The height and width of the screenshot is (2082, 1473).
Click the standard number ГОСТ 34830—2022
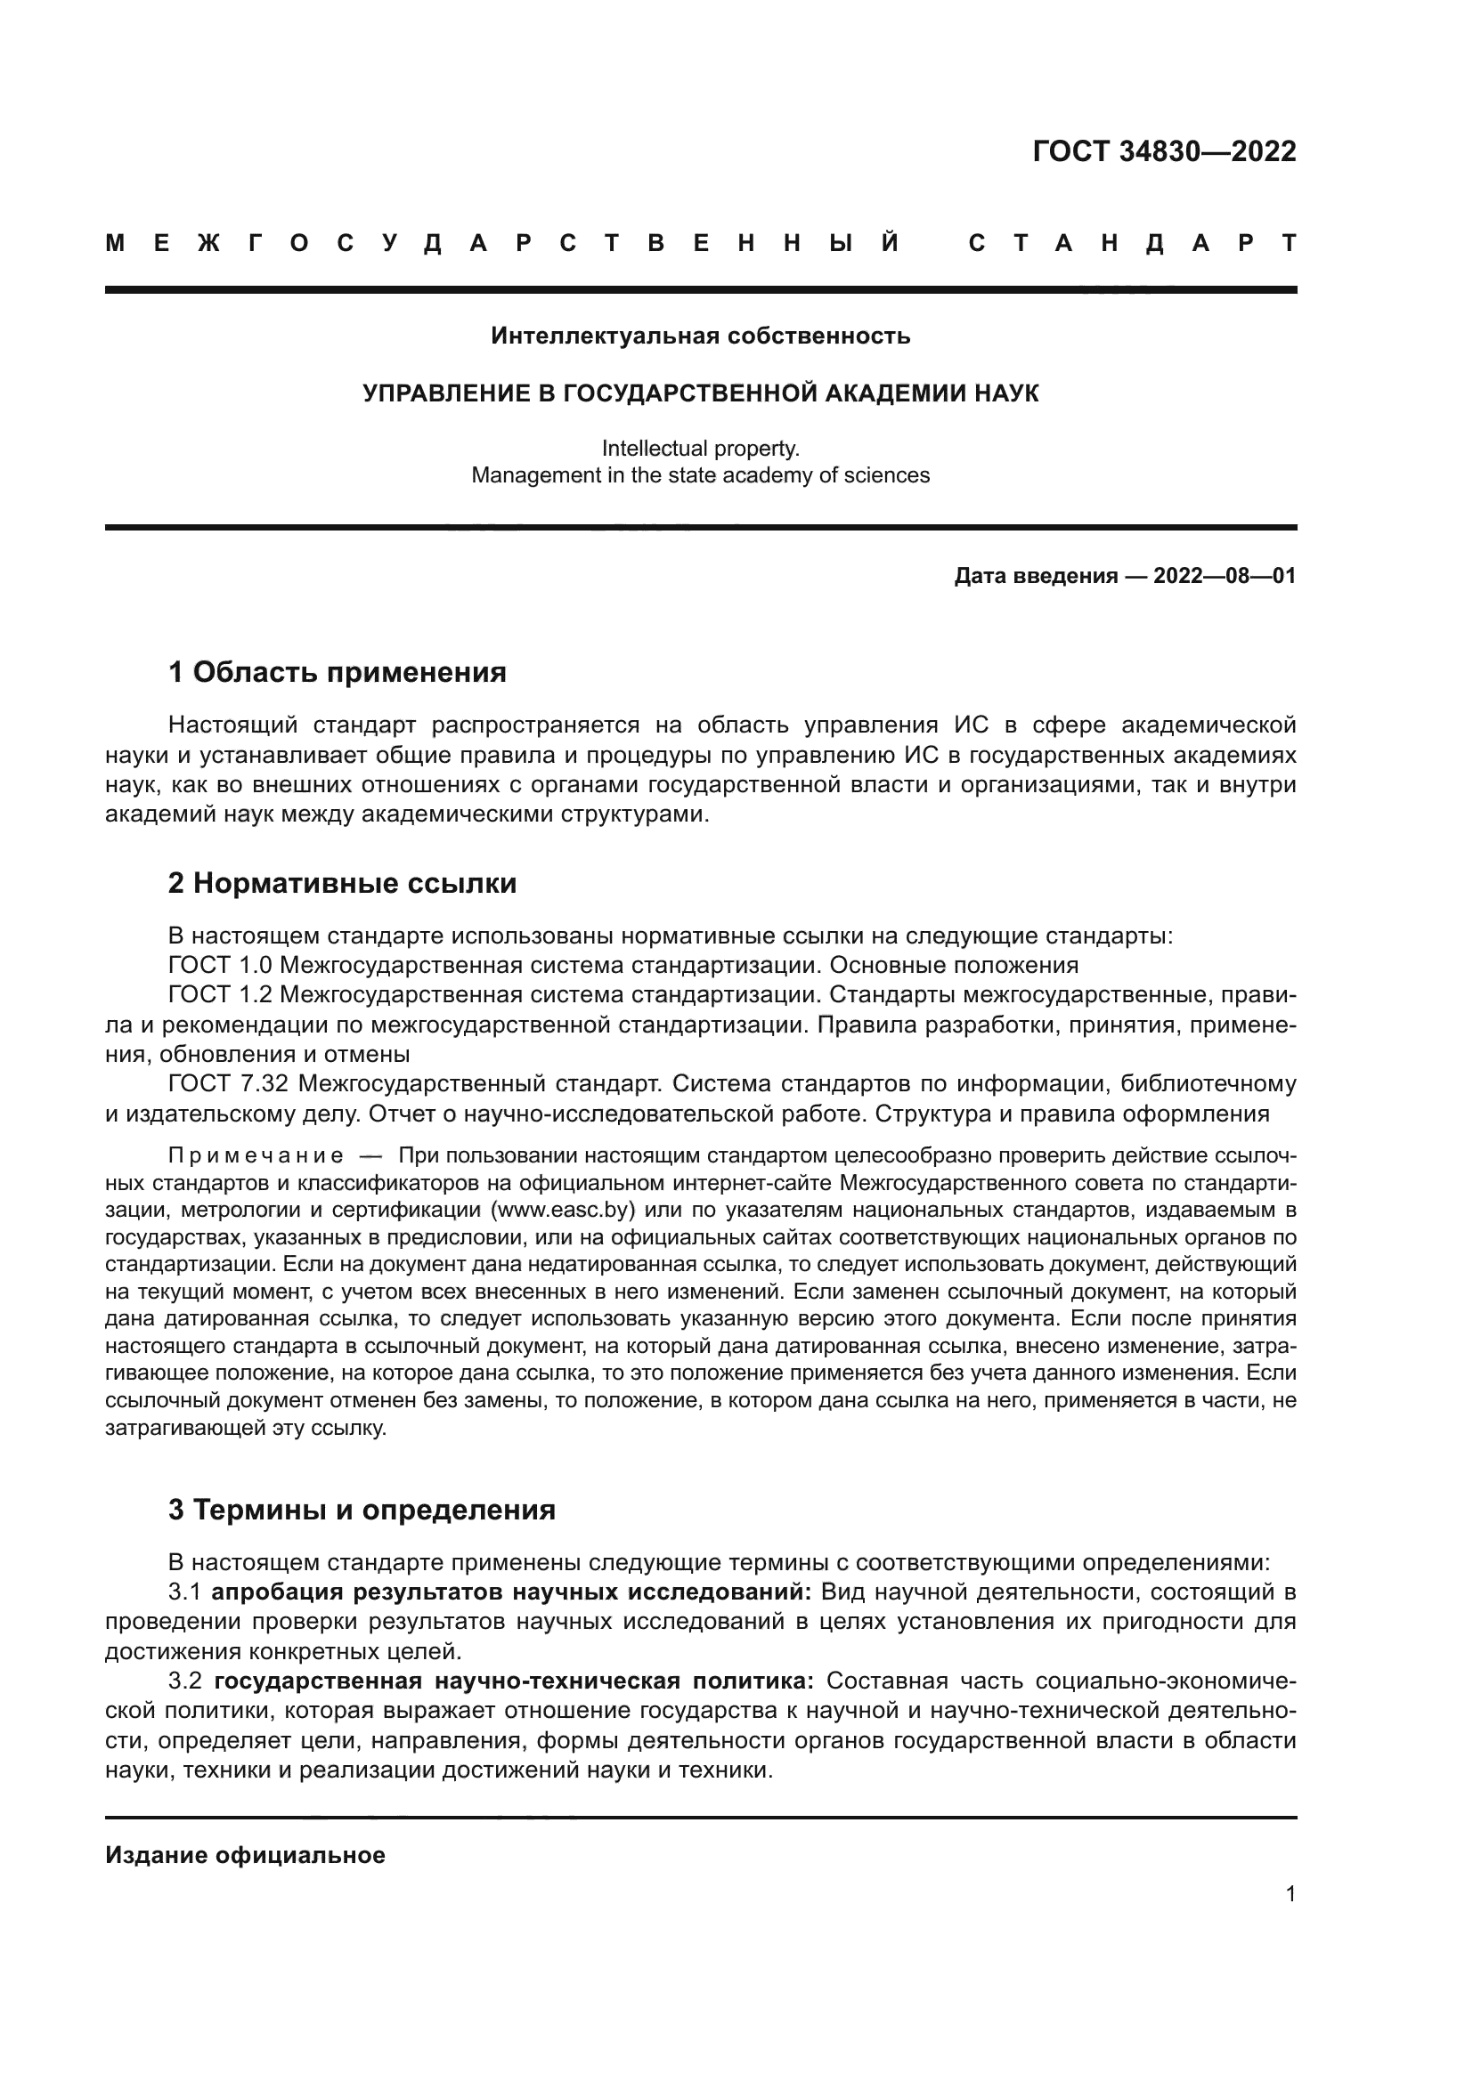(1164, 151)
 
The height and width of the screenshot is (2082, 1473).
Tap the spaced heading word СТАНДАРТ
(1132, 243)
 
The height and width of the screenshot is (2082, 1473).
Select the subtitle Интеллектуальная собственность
(700, 336)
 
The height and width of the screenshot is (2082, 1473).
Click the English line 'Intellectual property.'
(700, 448)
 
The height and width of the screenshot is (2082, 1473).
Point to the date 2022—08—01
(1225, 576)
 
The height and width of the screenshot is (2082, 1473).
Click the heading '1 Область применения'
(337, 672)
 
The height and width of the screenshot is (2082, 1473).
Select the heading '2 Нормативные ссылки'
(342, 882)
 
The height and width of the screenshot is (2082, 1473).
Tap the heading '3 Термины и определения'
(361, 1510)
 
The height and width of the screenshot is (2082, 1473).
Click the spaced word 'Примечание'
(256, 1156)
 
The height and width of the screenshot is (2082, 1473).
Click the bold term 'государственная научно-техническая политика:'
(514, 1681)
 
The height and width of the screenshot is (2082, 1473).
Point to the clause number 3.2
(185, 1681)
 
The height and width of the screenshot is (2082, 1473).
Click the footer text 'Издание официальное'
(245, 1855)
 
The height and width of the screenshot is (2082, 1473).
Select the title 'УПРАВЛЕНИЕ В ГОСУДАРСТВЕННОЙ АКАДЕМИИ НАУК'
(700, 393)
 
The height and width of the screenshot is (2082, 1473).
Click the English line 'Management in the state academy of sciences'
(700, 475)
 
